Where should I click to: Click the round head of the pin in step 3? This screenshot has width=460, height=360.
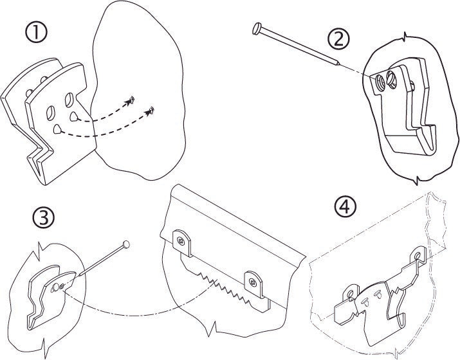coord(126,244)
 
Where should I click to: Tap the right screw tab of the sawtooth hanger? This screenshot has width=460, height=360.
coord(253,280)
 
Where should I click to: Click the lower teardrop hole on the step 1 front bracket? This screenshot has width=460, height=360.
coord(59,129)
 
